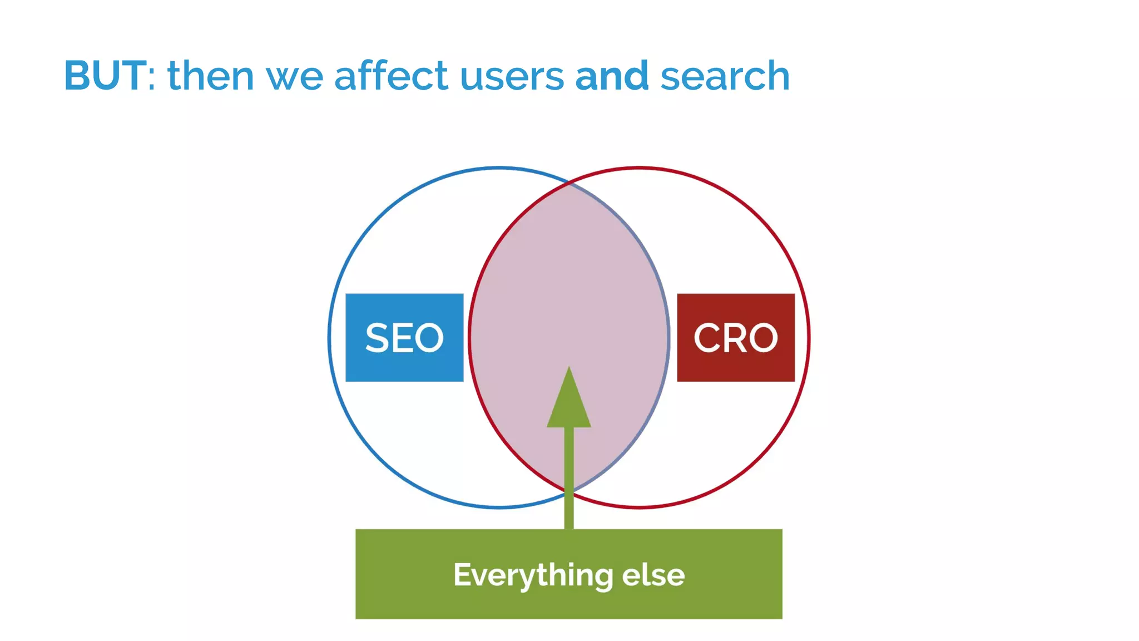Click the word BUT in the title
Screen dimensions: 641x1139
[x=105, y=76]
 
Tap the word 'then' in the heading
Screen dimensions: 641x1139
[x=211, y=76]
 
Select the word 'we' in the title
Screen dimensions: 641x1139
[x=295, y=77]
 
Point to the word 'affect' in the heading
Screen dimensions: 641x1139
[x=391, y=76]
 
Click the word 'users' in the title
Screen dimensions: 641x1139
[x=512, y=77]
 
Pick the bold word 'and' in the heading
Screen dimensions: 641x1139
[x=612, y=76]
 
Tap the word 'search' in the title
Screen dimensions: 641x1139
[x=725, y=76]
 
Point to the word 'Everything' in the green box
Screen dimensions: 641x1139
[x=533, y=575]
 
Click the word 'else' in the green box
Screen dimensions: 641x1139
[x=653, y=575]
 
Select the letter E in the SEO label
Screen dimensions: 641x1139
[x=402, y=338]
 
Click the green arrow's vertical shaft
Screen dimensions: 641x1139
[x=569, y=479]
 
